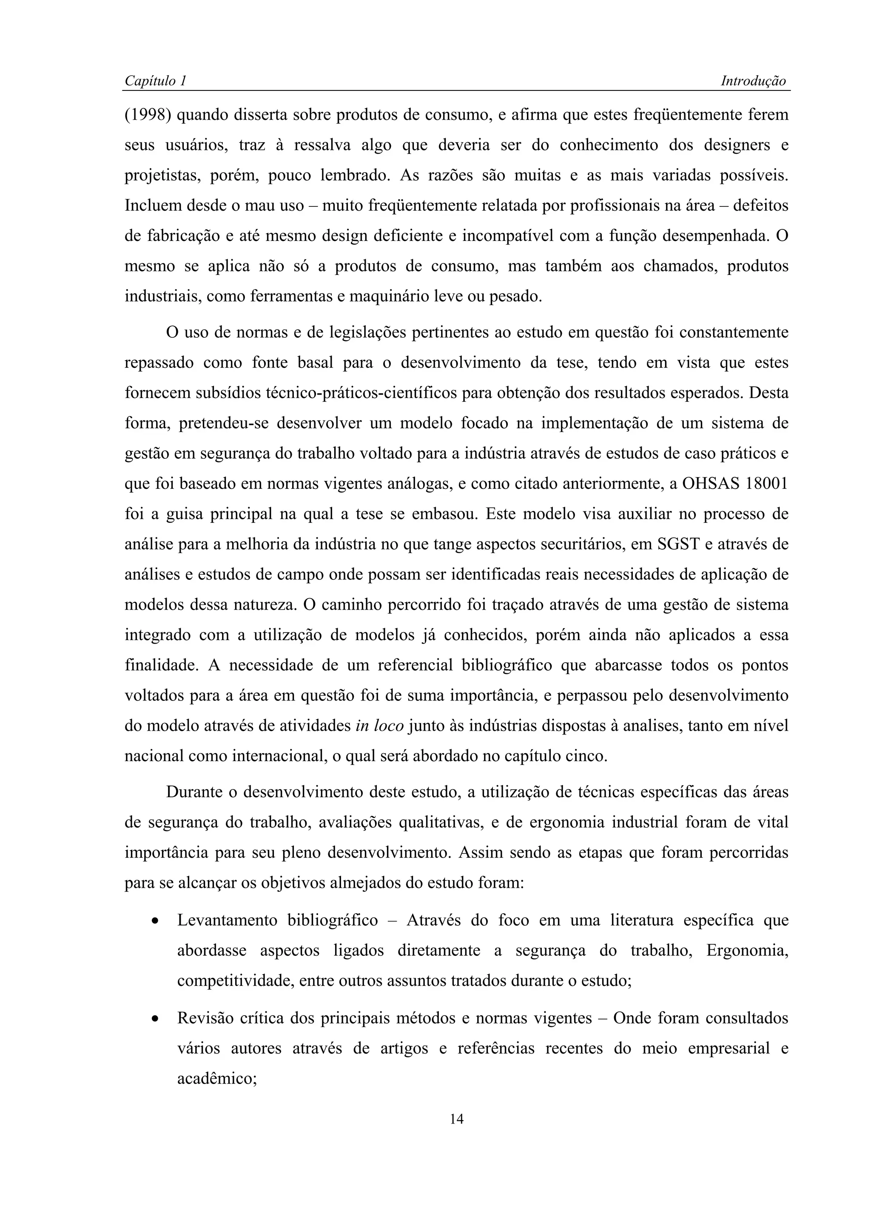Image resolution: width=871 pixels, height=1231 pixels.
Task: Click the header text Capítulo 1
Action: pyautogui.click(x=155, y=81)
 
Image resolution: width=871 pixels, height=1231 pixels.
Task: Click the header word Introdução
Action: pyautogui.click(x=753, y=81)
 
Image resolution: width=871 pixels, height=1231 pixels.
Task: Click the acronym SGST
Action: pyautogui.click(x=678, y=545)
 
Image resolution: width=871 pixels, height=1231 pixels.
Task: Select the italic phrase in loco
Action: pyautogui.click(x=379, y=726)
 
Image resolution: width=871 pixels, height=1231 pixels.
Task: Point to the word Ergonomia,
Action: pyautogui.click(x=747, y=951)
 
